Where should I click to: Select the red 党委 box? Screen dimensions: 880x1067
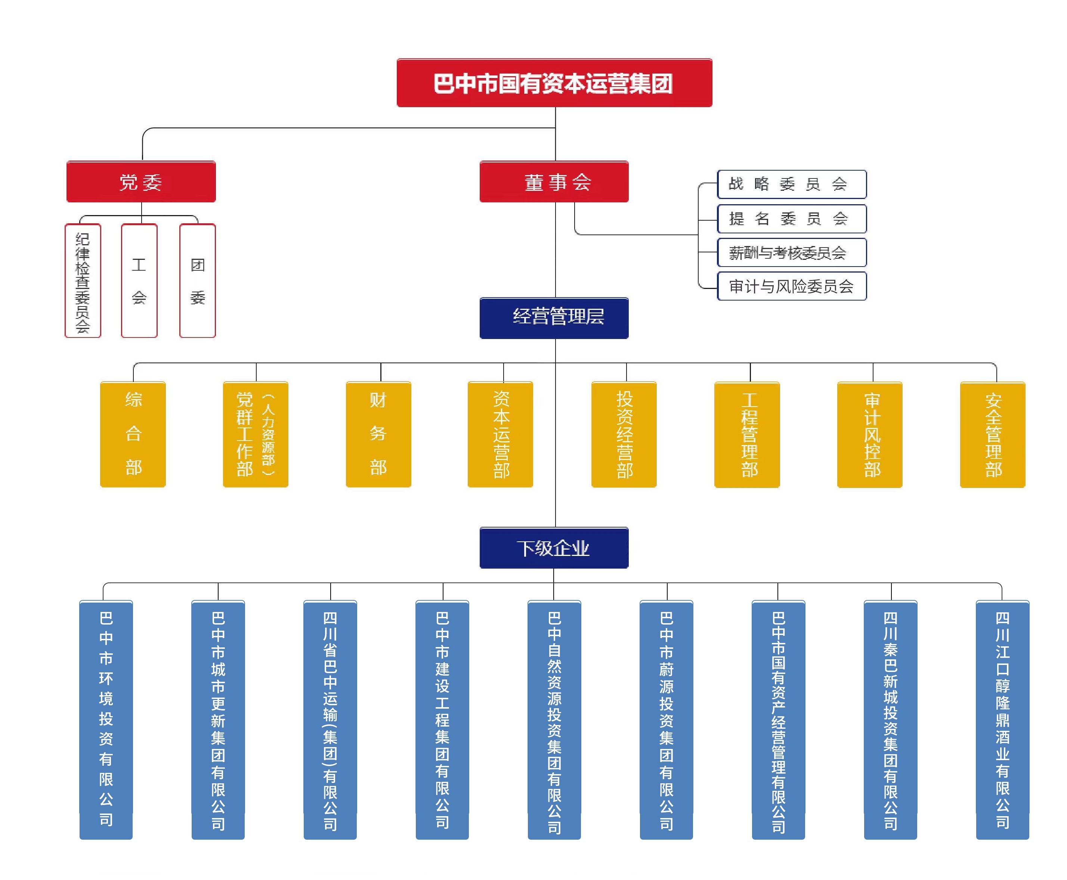coord(141,181)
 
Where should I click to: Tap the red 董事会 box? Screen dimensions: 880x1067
coord(554,181)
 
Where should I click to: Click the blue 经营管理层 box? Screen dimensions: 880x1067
coord(554,318)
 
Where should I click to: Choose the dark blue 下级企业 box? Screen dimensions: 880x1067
coord(554,547)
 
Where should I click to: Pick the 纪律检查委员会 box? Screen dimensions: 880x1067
coord(83,280)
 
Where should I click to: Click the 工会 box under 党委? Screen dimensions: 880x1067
coord(139,280)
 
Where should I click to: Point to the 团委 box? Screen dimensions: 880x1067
coord(197,280)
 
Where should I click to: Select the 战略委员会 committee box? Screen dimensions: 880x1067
coord(791,184)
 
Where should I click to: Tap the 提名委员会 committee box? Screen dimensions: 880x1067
coord(791,218)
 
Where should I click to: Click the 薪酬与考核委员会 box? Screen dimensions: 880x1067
coord(791,252)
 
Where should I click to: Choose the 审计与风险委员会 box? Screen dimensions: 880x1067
coord(791,286)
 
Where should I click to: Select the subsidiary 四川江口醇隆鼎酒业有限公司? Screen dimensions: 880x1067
coord(1002,719)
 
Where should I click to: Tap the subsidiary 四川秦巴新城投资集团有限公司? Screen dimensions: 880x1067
coord(890,719)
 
